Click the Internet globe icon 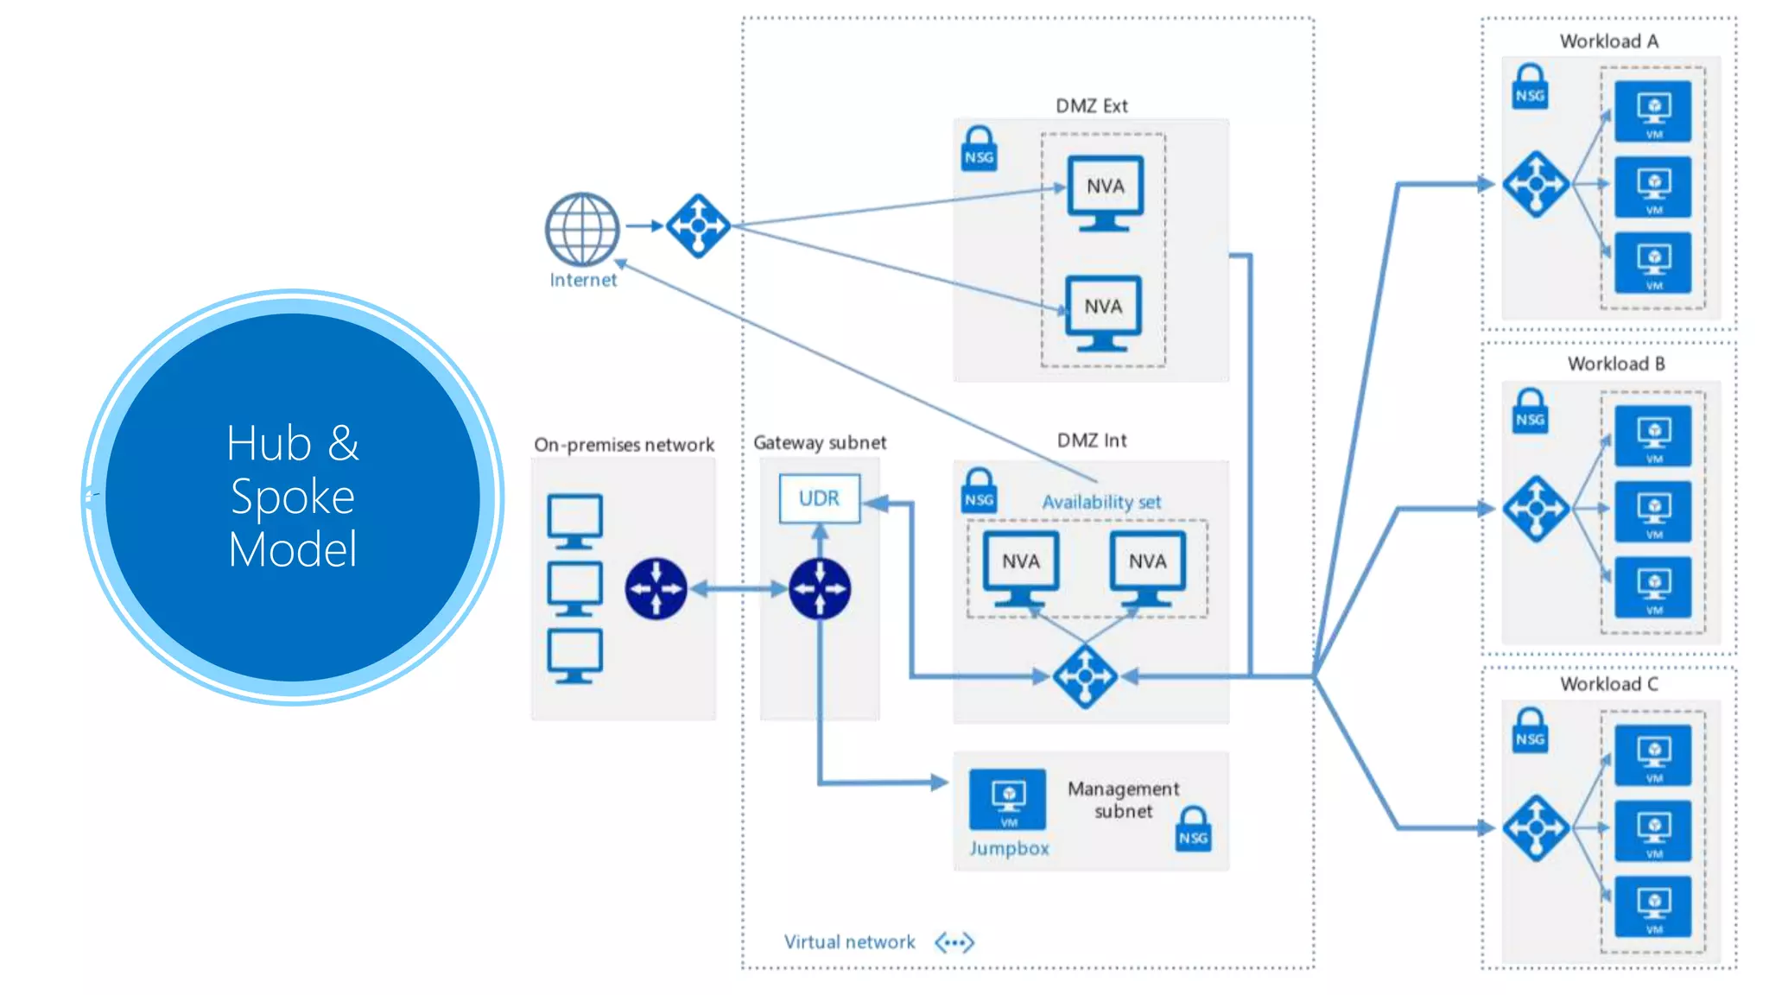(582, 229)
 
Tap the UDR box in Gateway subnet (819, 498)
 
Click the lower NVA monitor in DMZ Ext (1103, 311)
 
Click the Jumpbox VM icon (1008, 799)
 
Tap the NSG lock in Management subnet (1193, 830)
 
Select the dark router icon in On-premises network (656, 589)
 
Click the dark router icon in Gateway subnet (820, 589)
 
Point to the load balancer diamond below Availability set (1085, 676)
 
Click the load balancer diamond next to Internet (698, 226)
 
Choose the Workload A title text (1608, 41)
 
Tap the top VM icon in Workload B (1653, 435)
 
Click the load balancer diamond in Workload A (1536, 184)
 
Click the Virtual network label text (849, 942)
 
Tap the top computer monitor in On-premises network (574, 521)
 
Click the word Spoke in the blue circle (293, 497)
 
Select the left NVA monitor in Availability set (1021, 567)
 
